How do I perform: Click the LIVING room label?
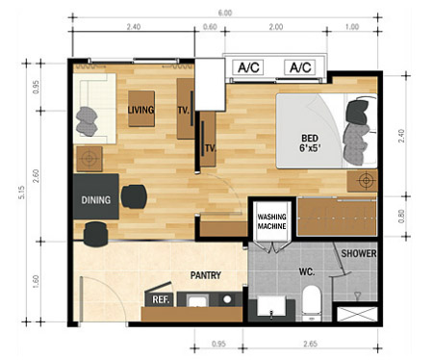coord(140,110)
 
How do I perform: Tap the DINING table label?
coord(96,200)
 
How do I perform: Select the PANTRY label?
coord(206,275)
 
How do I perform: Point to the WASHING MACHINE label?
coord(271,221)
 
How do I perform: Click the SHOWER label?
coord(359,253)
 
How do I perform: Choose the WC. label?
coord(307,271)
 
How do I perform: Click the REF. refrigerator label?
coord(161,299)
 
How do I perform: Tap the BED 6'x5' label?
coord(310,143)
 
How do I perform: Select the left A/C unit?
coord(248,67)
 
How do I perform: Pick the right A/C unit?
coord(300,67)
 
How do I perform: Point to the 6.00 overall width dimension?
coord(225,13)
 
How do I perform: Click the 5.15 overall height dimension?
coord(21,193)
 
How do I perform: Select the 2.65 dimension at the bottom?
coord(310,344)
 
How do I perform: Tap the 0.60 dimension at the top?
coord(210,27)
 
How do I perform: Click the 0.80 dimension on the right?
coord(401,216)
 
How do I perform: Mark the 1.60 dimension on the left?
coord(36,281)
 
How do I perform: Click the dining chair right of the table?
coord(134,196)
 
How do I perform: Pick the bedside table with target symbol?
coord(363,181)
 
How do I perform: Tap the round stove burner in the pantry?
coord(227,299)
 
